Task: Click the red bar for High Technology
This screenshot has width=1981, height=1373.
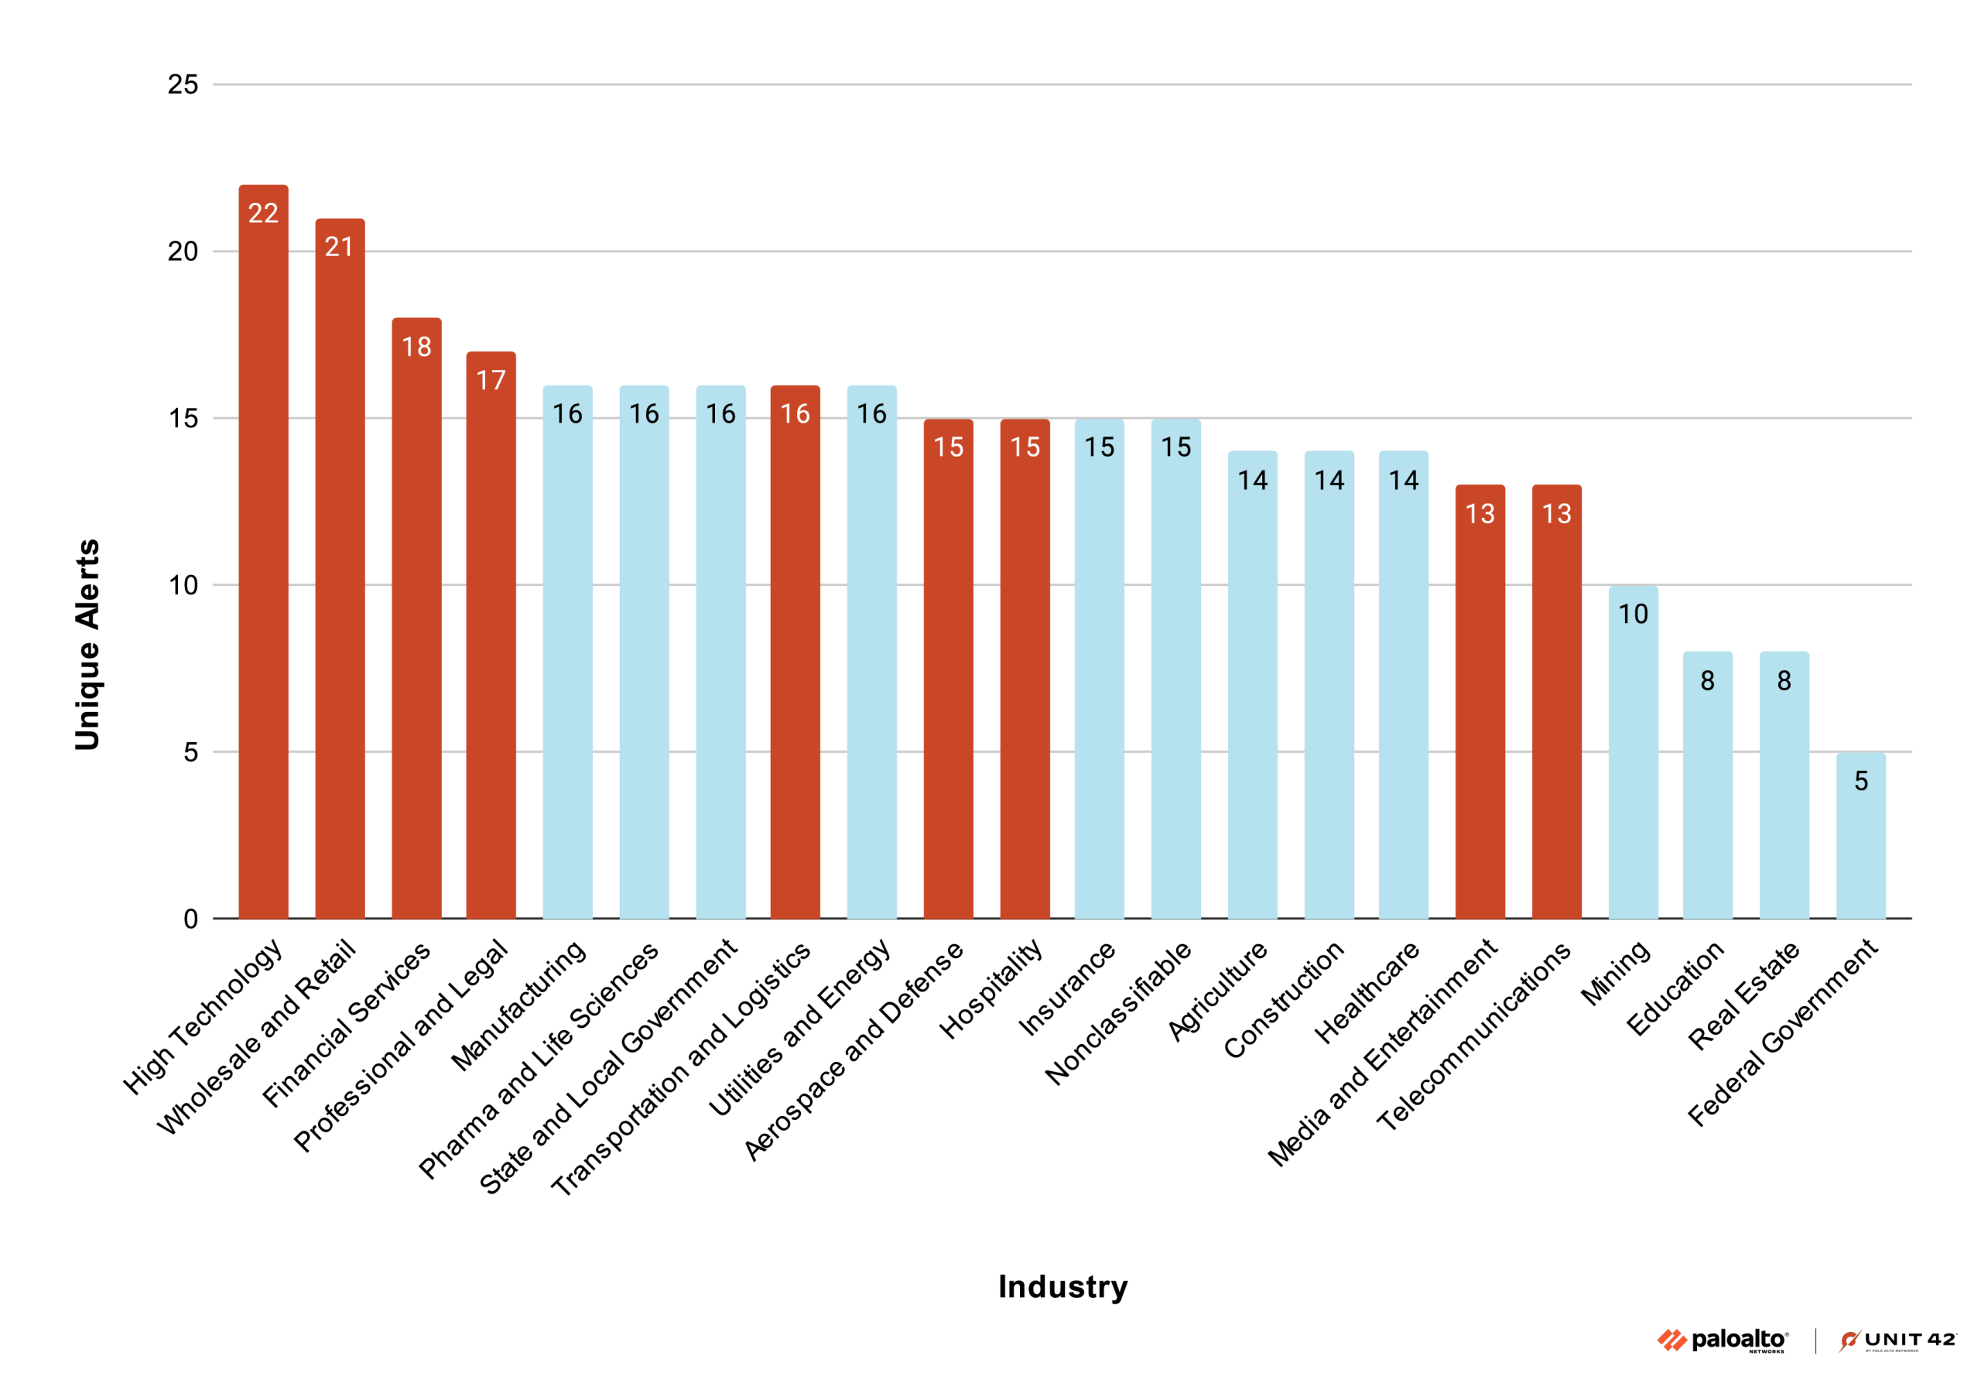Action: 263,559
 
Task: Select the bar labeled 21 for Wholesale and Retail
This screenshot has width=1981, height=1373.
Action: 340,577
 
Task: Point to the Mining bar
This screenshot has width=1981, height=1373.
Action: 1633,757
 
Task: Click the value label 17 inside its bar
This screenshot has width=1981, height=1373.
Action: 491,380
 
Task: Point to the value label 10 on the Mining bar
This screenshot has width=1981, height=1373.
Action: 1633,615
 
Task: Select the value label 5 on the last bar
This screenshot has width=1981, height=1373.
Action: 1860,781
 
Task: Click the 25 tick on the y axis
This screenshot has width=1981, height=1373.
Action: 183,84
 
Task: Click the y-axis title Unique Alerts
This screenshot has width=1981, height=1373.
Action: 87,645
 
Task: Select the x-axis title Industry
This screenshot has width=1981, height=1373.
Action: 1062,1287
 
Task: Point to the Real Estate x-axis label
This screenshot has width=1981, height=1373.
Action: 1743,996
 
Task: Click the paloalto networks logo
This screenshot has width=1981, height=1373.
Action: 1723,1340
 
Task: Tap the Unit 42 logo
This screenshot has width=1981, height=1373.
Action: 1897,1340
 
